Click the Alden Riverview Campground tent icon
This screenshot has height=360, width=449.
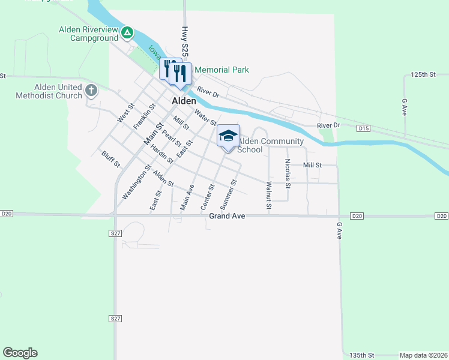[127, 32]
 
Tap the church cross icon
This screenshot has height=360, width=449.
[91, 91]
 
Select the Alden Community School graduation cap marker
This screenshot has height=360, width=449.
[228, 136]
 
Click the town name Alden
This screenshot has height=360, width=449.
[184, 101]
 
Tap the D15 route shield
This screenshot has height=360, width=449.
[363, 128]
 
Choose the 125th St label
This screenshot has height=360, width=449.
[423, 74]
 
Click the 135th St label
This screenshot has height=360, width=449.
[363, 355]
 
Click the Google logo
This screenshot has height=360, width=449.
[20, 353]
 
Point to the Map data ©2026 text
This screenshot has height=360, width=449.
[423, 355]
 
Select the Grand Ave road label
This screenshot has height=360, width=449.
[228, 216]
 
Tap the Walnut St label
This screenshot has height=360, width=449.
[269, 196]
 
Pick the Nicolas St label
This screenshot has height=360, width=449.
[288, 174]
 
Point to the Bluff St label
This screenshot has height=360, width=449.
[111, 159]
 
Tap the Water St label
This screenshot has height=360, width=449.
[205, 118]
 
